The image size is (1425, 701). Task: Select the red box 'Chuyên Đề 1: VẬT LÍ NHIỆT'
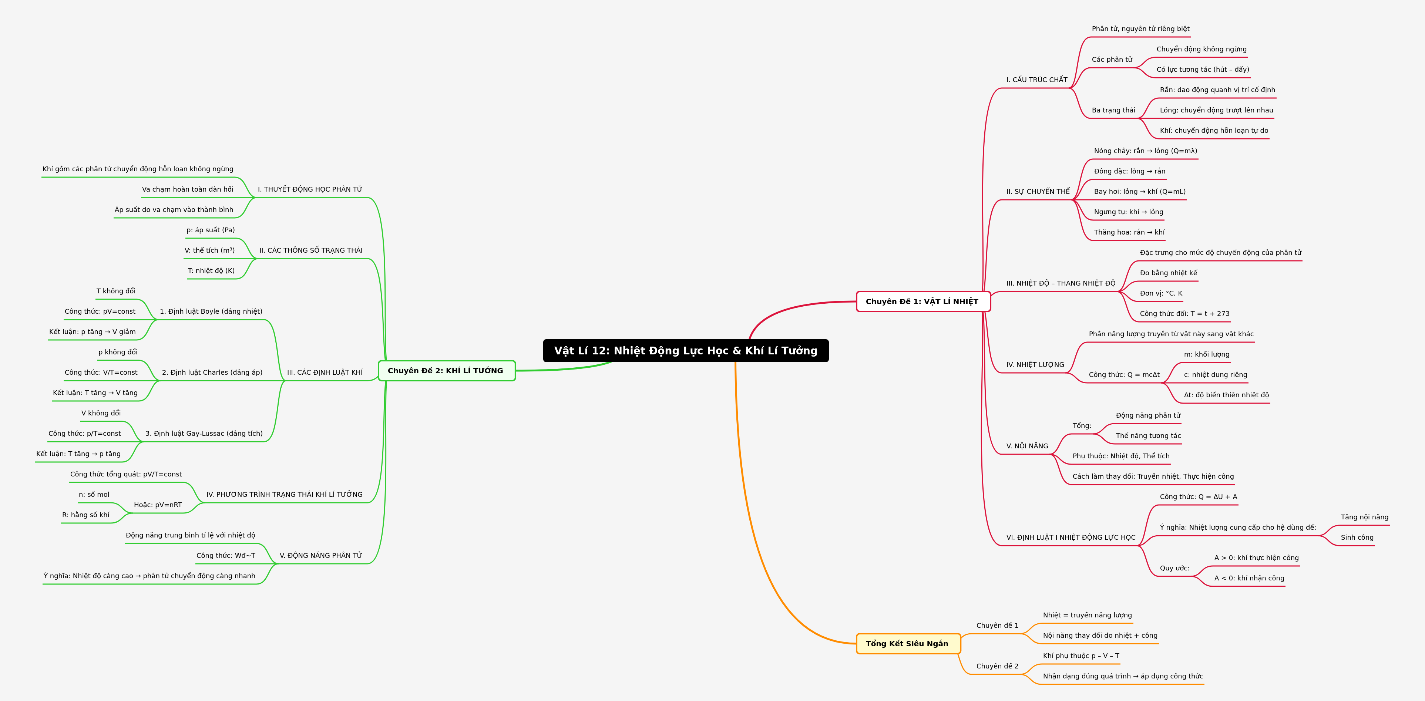[923, 301]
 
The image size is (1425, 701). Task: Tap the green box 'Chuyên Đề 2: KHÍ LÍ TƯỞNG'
[446, 370]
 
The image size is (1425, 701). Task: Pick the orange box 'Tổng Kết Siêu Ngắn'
[908, 644]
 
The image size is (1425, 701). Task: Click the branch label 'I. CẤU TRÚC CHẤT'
[1037, 80]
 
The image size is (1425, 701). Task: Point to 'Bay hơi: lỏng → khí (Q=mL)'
[1140, 191]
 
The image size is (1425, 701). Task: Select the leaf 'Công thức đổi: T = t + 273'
[1184, 313]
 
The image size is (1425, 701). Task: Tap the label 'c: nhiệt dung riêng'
[1215, 374]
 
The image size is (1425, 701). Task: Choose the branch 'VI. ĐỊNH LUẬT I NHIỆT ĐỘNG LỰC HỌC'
[1071, 537]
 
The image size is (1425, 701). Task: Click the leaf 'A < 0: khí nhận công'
[1249, 578]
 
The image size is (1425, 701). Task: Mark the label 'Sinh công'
[1357, 537]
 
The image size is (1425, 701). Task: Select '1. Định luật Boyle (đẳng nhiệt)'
[211, 311]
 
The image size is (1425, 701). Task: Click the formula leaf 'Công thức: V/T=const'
[101, 373]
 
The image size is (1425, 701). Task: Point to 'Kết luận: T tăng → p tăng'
[78, 454]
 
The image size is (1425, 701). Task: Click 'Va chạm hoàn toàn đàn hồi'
[188, 189]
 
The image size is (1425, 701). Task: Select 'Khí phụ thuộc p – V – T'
[1081, 655]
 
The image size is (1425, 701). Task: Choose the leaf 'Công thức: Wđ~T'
[226, 556]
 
